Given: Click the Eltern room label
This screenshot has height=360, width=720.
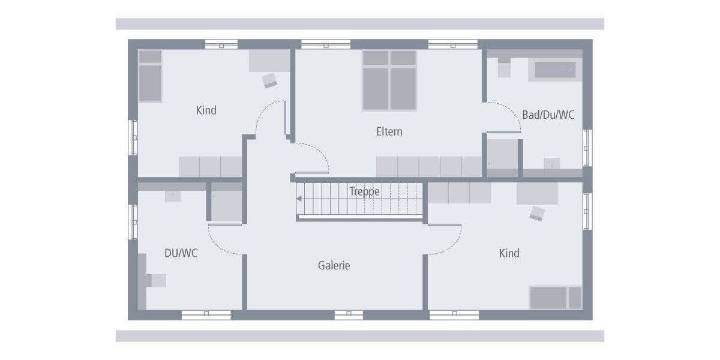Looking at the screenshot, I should [389, 131].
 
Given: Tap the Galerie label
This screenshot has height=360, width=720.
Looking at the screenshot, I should [334, 265].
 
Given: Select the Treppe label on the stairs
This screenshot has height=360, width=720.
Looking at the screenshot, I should [365, 191].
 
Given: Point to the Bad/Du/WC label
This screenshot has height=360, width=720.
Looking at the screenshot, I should [548, 115].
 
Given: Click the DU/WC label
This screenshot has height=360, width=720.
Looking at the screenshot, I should [181, 253].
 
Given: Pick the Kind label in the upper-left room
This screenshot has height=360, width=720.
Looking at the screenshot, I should [206, 110].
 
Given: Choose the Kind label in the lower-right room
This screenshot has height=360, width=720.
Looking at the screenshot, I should [509, 253].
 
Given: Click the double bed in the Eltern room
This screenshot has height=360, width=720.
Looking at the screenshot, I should [389, 80].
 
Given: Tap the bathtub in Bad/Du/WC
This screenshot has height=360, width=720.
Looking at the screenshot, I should [555, 70].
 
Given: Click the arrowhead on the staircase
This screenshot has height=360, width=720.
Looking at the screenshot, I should [299, 199].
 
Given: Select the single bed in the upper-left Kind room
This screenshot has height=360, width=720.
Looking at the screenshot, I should [150, 76].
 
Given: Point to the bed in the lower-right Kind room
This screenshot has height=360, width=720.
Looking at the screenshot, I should [555, 298].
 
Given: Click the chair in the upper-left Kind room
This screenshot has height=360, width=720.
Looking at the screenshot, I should [270, 80].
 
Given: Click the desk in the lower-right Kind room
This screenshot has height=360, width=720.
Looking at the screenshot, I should [537, 194].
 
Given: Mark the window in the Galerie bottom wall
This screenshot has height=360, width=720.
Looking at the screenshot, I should [349, 314].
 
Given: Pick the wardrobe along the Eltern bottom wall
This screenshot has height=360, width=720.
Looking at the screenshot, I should [429, 167].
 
